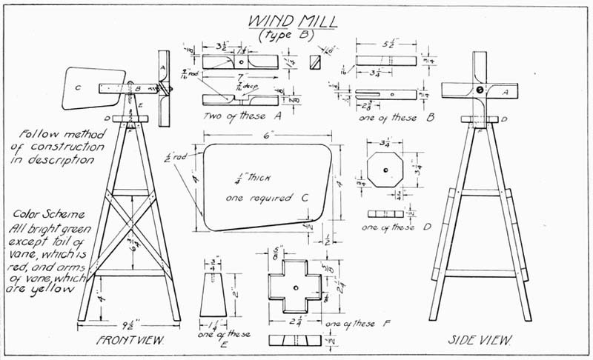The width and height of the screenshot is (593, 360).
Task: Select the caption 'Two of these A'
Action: tap(239, 116)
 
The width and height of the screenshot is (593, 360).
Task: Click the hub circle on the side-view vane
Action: tap(480, 90)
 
